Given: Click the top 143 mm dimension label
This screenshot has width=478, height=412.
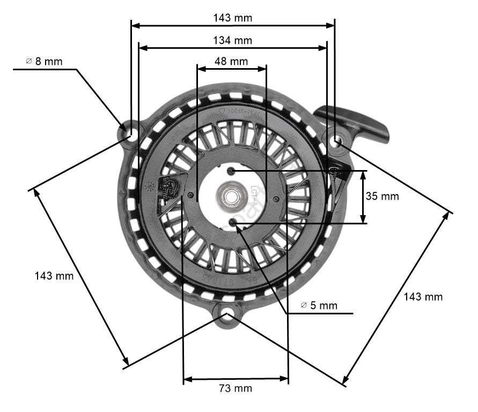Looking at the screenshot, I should pyautogui.click(x=232, y=18).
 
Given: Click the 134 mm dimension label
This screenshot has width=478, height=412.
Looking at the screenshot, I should pyautogui.click(x=232, y=40).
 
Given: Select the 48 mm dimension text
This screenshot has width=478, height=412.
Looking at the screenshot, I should pyautogui.click(x=231, y=61).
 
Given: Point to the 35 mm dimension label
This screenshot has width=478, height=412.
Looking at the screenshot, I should pyautogui.click(x=382, y=196).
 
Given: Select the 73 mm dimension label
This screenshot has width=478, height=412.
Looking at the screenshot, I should pyautogui.click(x=235, y=388).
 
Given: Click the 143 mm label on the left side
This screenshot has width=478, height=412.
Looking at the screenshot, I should pyautogui.click(x=54, y=276).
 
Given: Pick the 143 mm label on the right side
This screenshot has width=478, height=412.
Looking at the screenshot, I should pyautogui.click(x=423, y=296).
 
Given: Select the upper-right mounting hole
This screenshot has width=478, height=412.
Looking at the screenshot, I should pyautogui.click(x=336, y=141).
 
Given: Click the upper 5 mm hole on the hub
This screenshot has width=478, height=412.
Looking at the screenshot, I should pyautogui.click(x=231, y=171).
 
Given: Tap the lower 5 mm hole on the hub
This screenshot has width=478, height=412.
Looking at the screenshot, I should pyautogui.click(x=232, y=222).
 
